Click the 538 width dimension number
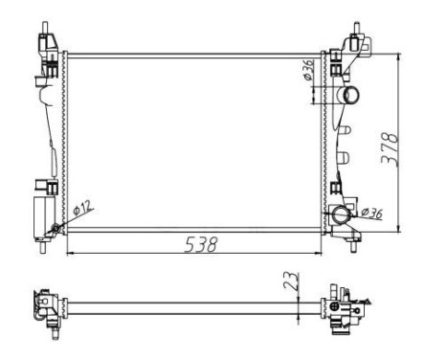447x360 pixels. (198, 244)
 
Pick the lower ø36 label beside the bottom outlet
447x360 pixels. (370, 213)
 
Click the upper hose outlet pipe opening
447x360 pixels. (352, 96)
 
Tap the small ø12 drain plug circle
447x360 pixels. (56, 228)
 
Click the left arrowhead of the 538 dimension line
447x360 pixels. (68, 254)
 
